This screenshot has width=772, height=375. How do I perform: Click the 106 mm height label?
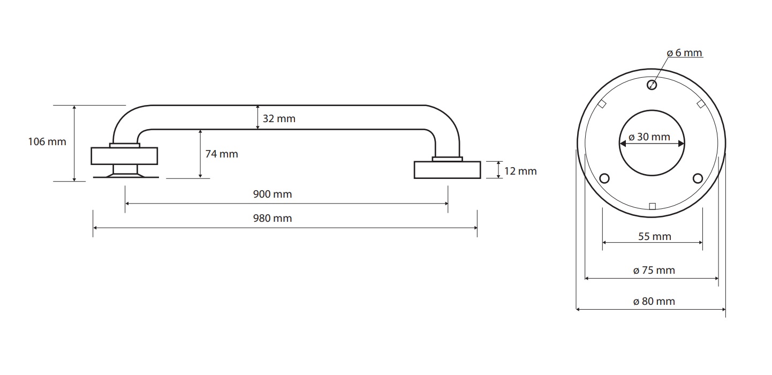(47, 142)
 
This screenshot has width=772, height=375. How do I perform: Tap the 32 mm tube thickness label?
(279, 119)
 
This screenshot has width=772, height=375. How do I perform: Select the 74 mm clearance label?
(221, 154)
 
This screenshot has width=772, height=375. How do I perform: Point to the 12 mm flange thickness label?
(520, 171)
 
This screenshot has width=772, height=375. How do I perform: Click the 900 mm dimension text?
(273, 194)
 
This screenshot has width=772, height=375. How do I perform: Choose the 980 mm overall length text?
(273, 219)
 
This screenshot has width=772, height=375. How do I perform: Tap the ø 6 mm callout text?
(684, 53)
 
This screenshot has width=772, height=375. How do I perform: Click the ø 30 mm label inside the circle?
(649, 137)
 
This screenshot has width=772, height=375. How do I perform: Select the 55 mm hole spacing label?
(654, 237)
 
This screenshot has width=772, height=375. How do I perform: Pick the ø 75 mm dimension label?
(654, 270)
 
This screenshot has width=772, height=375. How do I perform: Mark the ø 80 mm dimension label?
(654, 301)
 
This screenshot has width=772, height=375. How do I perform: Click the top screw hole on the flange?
(652, 85)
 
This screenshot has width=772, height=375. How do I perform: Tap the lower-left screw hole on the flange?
(604, 178)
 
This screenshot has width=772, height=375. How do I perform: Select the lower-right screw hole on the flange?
(698, 178)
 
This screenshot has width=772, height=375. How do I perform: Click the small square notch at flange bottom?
(652, 206)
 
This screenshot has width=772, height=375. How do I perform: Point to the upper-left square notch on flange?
(602, 104)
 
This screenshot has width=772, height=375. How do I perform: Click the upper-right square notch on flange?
(701, 104)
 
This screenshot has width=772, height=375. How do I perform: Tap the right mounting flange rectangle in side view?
(448, 170)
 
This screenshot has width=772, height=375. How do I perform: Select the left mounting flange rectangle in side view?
(124, 156)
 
